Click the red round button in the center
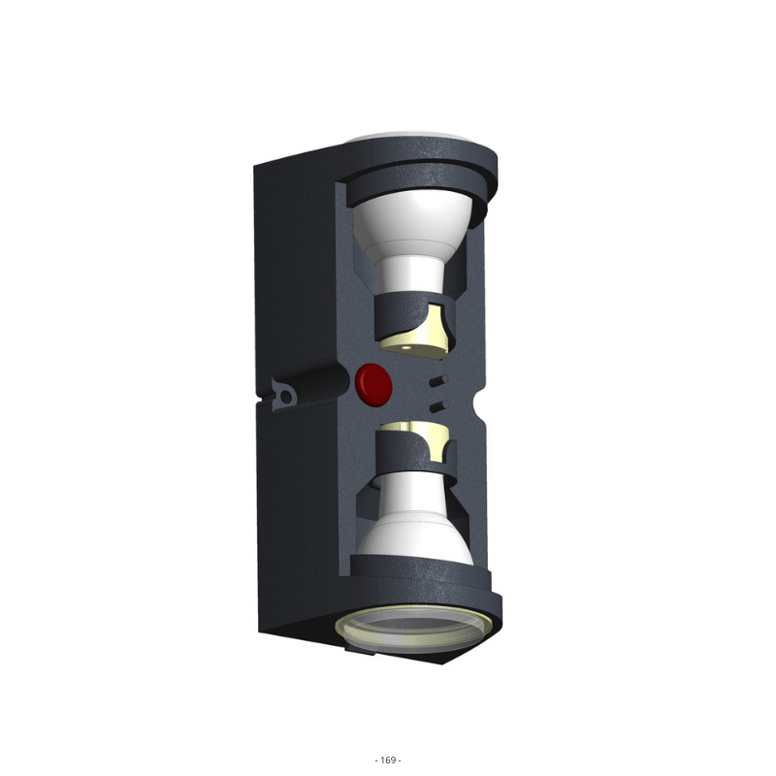(374, 385)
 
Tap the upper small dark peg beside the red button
(438, 380)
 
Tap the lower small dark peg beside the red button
(438, 406)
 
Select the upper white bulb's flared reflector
(411, 219)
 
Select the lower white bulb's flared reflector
(416, 539)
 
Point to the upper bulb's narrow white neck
(410, 274)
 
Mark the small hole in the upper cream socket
(405, 348)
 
